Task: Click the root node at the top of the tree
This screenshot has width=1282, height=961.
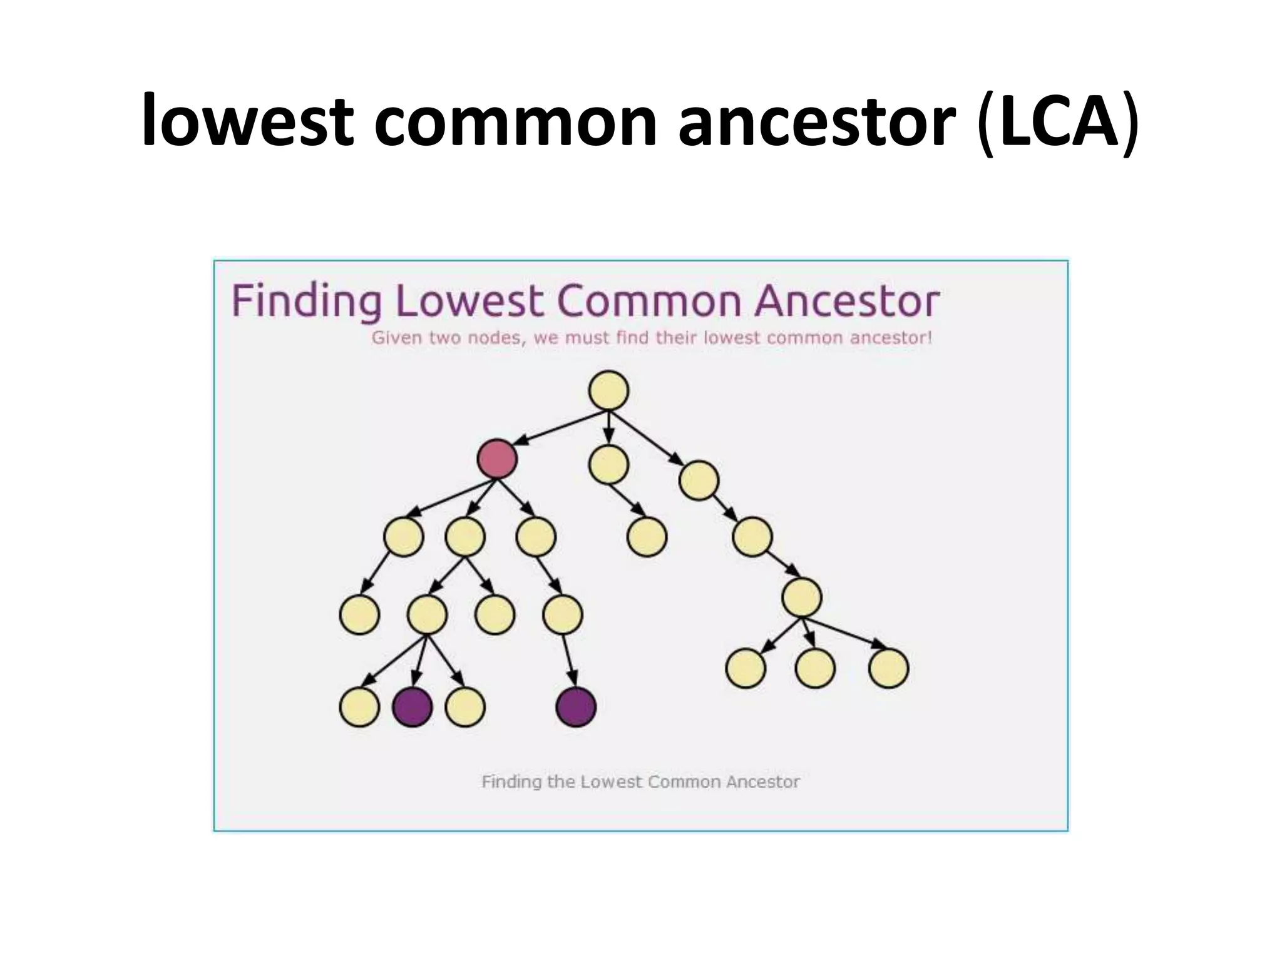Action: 608,391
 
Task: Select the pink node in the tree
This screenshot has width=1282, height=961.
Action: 497,459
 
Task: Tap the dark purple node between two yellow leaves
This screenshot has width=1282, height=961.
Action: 413,707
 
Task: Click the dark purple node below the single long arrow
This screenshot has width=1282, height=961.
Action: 576,707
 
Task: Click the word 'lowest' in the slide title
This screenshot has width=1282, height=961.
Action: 247,120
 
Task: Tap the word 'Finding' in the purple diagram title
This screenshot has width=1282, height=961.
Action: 306,302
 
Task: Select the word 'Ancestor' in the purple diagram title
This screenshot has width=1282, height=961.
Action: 846,302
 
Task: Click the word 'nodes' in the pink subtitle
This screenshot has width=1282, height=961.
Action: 495,338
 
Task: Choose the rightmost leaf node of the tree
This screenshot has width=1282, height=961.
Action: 888,668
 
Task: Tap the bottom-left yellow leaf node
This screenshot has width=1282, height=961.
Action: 359,707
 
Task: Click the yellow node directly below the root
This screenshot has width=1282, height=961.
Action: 608,464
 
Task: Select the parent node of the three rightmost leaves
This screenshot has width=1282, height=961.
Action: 801,597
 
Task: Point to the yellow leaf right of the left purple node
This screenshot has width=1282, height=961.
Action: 465,707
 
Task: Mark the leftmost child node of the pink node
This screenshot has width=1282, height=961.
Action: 404,536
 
